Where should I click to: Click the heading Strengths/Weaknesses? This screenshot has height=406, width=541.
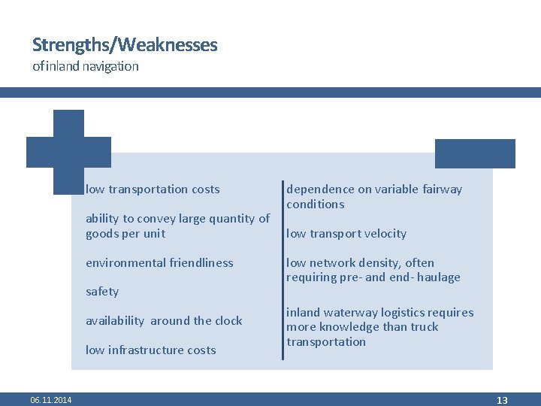point(125,45)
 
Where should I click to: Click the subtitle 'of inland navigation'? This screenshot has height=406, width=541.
point(86,66)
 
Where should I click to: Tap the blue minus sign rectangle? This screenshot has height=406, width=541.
point(475,153)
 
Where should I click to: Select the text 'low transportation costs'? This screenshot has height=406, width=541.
point(153,189)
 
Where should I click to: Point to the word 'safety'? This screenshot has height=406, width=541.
point(102,292)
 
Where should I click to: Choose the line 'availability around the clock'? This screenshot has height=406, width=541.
point(164,321)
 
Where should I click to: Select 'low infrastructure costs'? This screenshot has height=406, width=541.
point(150,350)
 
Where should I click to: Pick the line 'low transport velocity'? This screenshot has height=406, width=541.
point(346,234)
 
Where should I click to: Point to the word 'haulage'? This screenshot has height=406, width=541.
point(438,277)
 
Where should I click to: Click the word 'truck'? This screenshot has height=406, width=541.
point(422,327)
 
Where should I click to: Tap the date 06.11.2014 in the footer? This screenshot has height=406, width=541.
point(51,400)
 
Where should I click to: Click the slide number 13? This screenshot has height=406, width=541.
point(502,400)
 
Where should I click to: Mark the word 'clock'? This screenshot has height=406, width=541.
point(228,321)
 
